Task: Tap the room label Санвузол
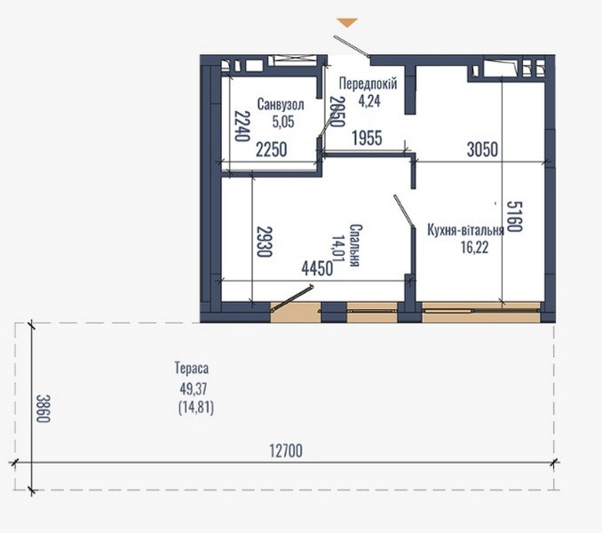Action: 281,105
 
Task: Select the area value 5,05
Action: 281,122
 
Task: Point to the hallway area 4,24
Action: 368,100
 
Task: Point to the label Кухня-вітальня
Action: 465,229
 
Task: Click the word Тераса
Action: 192,368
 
